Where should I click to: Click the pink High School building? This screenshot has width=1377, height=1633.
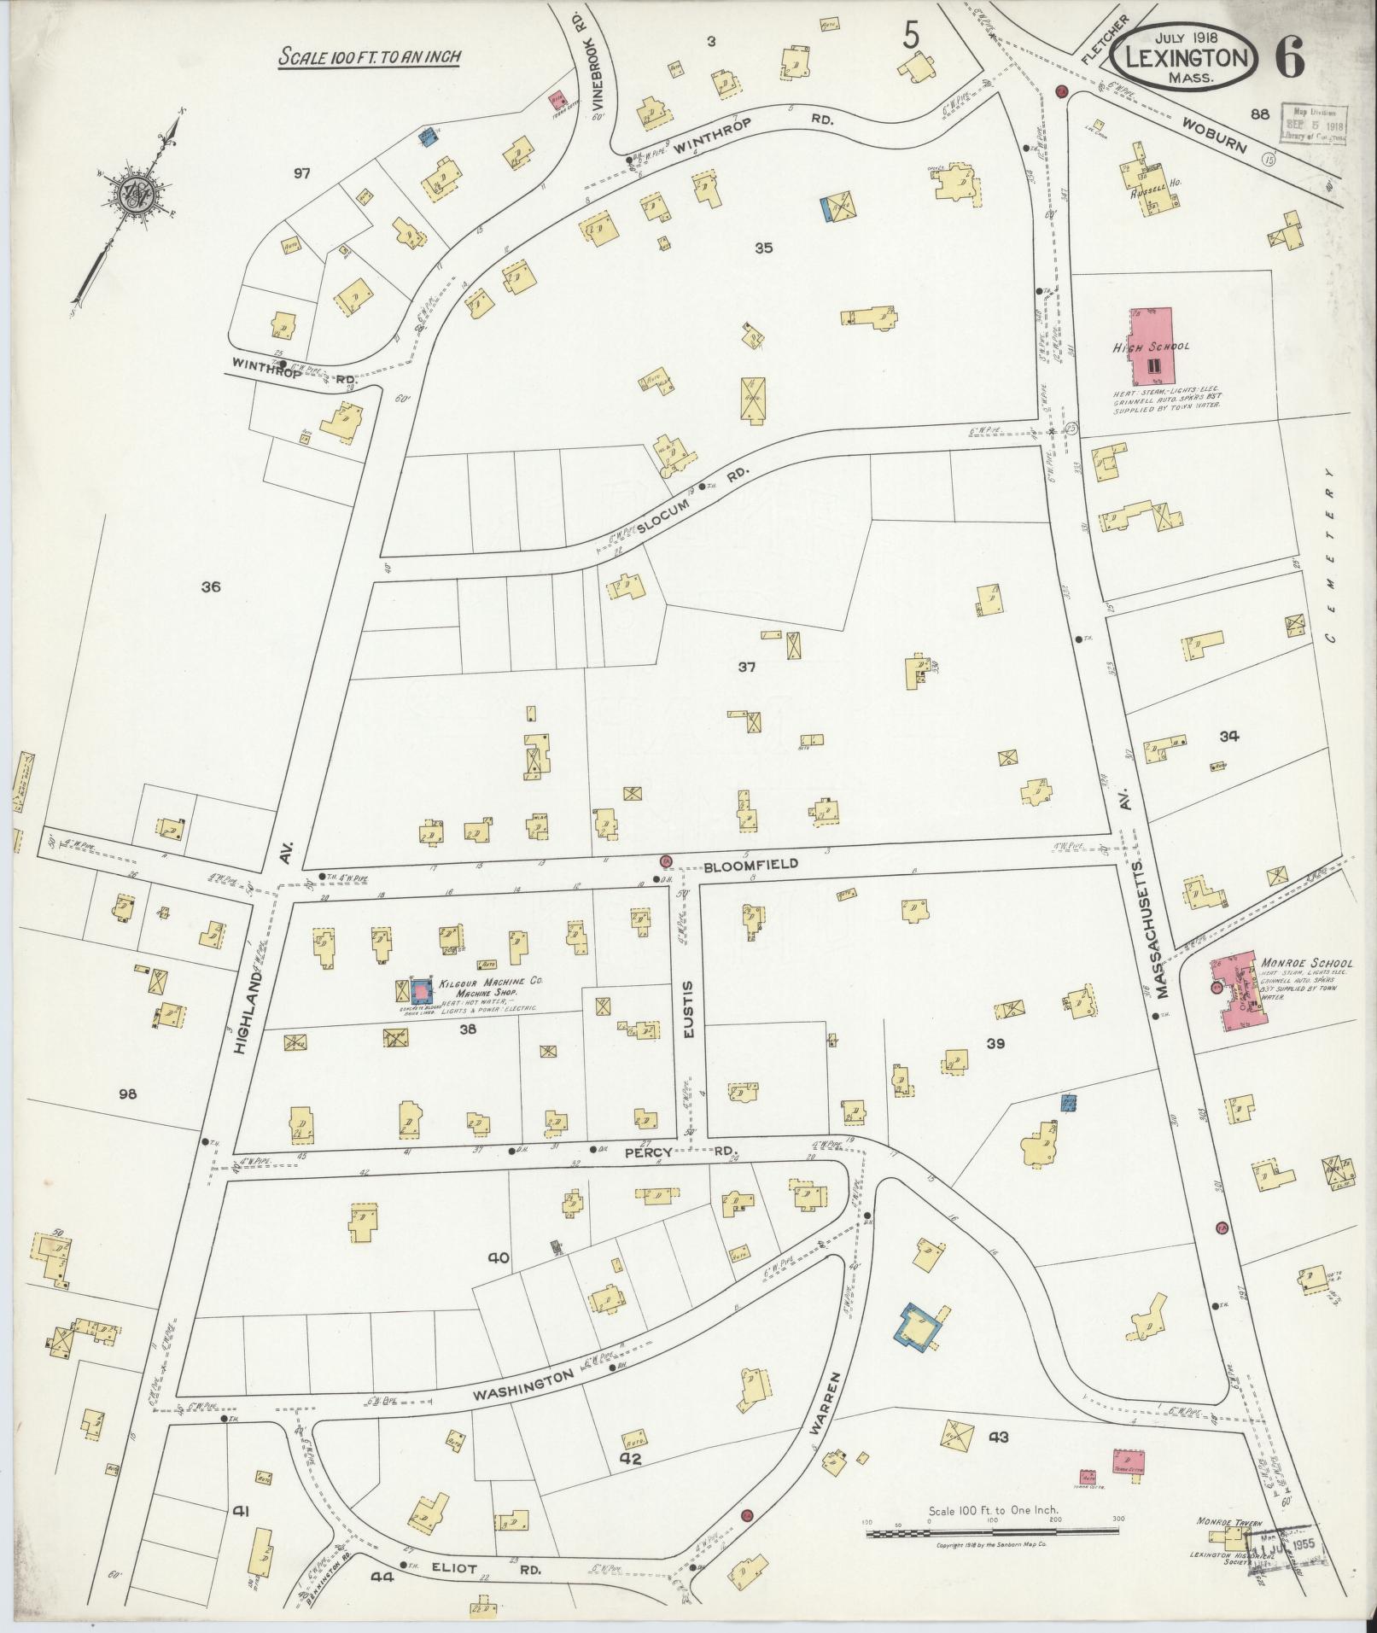(x=1152, y=347)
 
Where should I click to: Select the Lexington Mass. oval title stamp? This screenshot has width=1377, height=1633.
(x=1184, y=58)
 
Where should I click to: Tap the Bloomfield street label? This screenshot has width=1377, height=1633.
(x=751, y=864)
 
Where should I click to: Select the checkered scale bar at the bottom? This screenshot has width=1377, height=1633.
(x=994, y=1533)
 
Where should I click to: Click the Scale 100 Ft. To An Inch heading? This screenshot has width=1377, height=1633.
(x=370, y=56)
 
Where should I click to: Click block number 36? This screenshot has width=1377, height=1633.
(x=211, y=586)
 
